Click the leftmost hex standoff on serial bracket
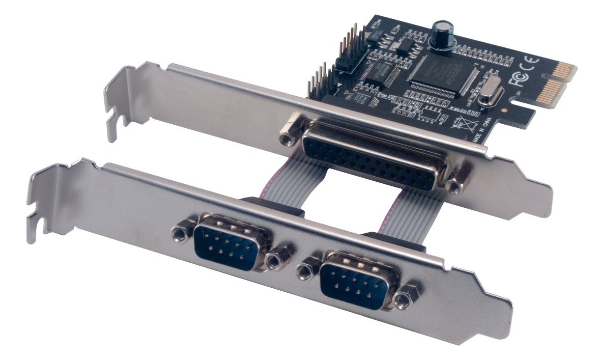[179, 233]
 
